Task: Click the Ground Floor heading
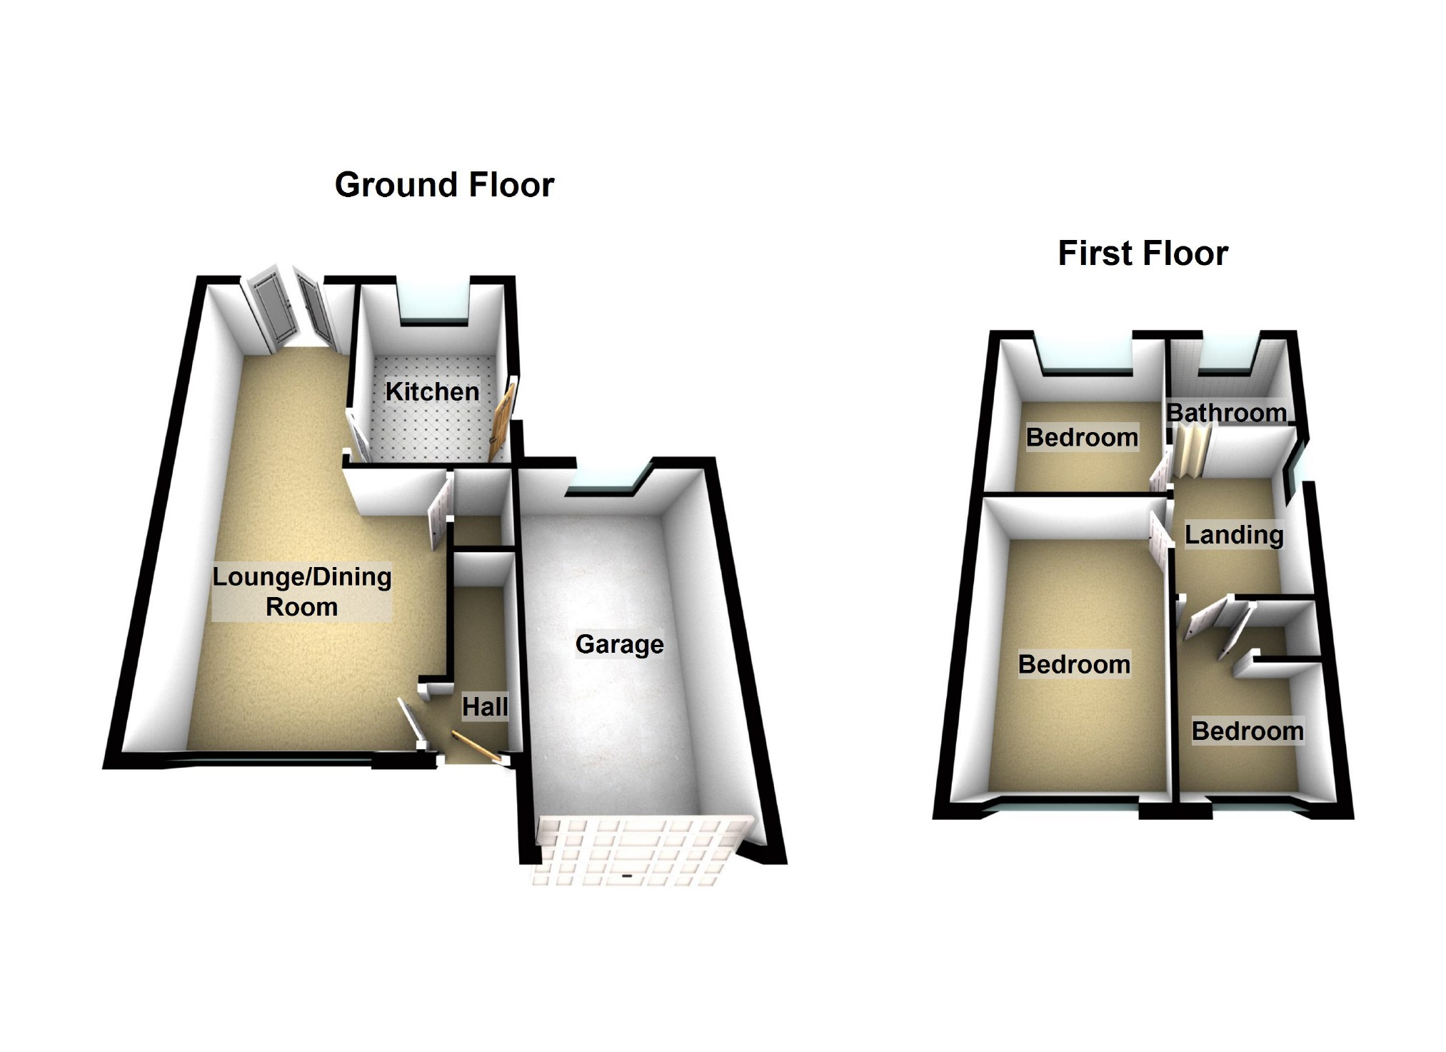point(444,185)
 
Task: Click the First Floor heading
point(1143,254)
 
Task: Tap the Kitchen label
point(432,391)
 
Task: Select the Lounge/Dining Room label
point(302,591)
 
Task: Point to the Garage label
point(619,644)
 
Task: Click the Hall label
point(485,707)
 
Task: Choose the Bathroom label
point(1226,413)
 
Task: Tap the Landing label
point(1234,534)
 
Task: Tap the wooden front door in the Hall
point(473,746)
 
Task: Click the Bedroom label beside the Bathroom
point(1082,437)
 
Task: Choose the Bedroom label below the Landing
point(1247,731)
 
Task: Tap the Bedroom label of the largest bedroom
point(1074,664)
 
